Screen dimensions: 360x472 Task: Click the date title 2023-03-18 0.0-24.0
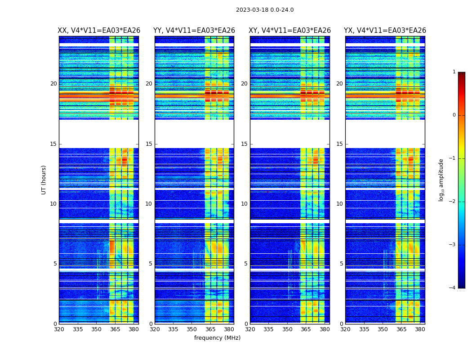tap(265, 10)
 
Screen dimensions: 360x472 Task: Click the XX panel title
tap(99, 31)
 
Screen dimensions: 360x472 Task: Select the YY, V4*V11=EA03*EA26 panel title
tap(194, 31)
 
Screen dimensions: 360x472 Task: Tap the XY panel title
tap(290, 31)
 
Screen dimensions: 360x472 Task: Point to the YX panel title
tap(385, 31)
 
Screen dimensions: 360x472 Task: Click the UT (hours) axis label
tap(44, 180)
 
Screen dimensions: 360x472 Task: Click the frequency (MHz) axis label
tap(217, 338)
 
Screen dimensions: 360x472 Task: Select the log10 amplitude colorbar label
tap(441, 180)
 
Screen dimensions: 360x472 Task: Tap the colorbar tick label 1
tap(454, 72)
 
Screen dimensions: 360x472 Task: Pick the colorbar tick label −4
tap(453, 288)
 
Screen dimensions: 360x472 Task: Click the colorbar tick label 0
tap(454, 115)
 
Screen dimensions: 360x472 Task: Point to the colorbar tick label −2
tap(453, 202)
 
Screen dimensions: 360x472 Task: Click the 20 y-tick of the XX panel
tap(53, 84)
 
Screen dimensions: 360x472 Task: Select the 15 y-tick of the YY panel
tap(149, 144)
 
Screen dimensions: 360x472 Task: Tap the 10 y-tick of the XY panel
tap(244, 204)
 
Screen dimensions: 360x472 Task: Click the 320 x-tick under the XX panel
tap(59, 329)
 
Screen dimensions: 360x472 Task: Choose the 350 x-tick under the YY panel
tap(192, 329)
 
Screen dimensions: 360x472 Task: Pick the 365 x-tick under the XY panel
tap(306, 329)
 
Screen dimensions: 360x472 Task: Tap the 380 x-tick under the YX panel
tap(420, 329)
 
